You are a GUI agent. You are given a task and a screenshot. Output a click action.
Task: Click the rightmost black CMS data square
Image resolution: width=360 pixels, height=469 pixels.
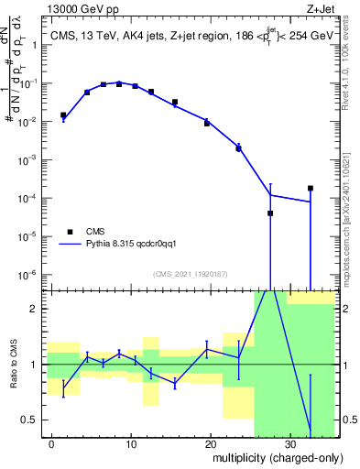point(311,188)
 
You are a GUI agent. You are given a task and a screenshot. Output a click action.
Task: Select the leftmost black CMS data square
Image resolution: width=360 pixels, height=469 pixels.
point(63,115)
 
